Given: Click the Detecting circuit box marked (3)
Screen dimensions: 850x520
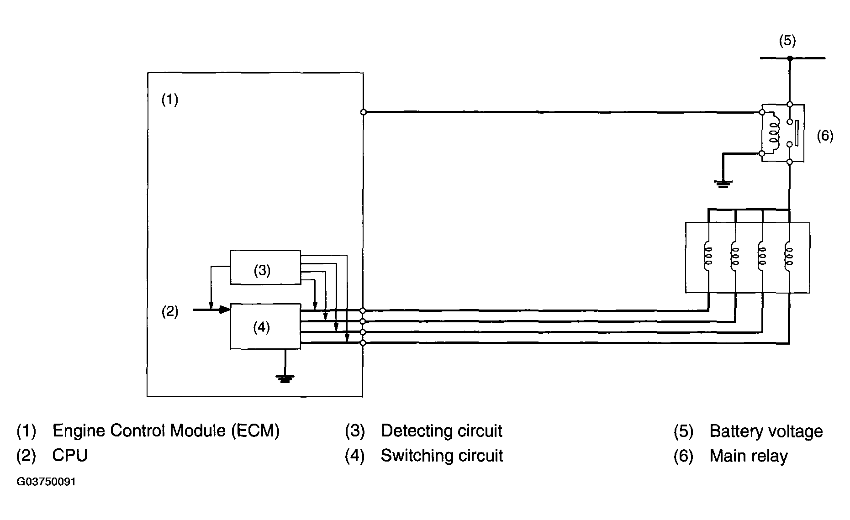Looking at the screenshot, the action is pyautogui.click(x=265, y=267).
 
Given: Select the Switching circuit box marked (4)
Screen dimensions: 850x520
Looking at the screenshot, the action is pyautogui.click(x=265, y=326).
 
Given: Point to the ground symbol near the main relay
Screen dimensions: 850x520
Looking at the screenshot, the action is pyautogui.click(x=723, y=184).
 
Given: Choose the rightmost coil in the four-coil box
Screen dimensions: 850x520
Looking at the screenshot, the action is pyautogui.click(x=789, y=257).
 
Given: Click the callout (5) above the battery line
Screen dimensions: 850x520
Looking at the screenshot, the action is pyautogui.click(x=787, y=41).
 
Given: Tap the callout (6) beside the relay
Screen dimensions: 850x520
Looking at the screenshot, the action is pyautogui.click(x=825, y=136).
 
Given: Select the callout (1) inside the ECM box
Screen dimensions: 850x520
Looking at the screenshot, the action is pyautogui.click(x=170, y=100).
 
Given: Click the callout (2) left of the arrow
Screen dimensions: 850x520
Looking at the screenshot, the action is pyautogui.click(x=170, y=312).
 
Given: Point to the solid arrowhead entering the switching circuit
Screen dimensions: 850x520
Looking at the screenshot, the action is pyautogui.click(x=224, y=310).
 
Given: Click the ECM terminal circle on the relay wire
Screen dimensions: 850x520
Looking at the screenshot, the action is pyautogui.click(x=363, y=112).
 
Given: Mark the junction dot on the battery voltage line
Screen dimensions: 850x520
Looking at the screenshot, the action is pyautogui.click(x=790, y=58).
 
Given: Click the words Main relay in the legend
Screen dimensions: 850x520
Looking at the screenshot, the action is pyautogui.click(x=749, y=456).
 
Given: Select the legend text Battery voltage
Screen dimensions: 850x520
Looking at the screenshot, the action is pyautogui.click(x=766, y=431).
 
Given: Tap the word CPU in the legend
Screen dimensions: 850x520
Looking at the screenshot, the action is pyautogui.click(x=70, y=456).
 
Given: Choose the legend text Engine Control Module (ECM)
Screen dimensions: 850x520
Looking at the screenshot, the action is pyautogui.click(x=166, y=431).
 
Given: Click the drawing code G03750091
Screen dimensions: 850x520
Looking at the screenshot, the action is pyautogui.click(x=46, y=482).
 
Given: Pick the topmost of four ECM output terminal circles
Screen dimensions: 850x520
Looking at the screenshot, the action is pyautogui.click(x=363, y=310).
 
